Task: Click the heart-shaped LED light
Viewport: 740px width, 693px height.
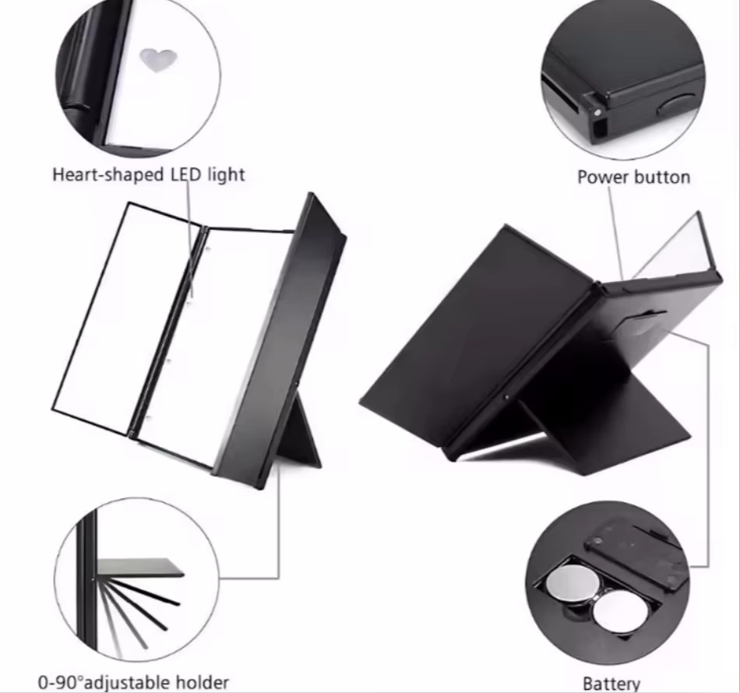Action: pos(158,60)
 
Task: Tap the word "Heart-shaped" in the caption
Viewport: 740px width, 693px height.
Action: pos(108,174)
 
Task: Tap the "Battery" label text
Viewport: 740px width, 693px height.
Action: pos(611,684)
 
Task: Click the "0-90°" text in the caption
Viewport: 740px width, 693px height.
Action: pos(61,682)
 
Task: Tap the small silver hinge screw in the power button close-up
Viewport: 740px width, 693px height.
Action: pos(597,112)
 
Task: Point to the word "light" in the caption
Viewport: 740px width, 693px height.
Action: pos(227,174)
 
